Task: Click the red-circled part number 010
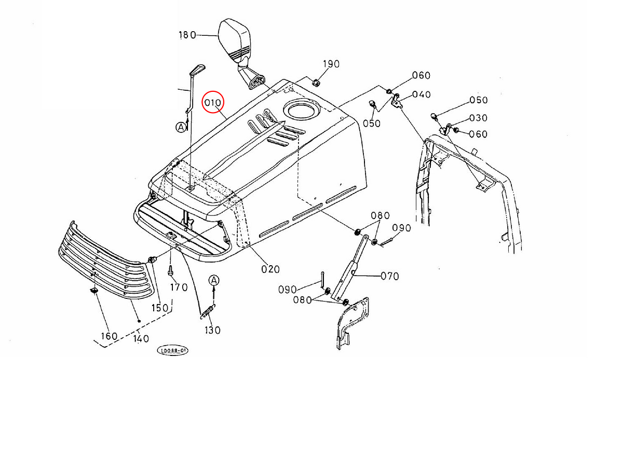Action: pyautogui.click(x=213, y=103)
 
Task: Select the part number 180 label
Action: pyautogui.click(x=187, y=35)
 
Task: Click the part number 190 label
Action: pyautogui.click(x=331, y=64)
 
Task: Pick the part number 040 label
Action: pyautogui.click(x=422, y=94)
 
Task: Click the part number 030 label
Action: pyautogui.click(x=478, y=118)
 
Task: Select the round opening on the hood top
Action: pyautogui.click(x=300, y=110)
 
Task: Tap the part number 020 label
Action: pyautogui.click(x=270, y=269)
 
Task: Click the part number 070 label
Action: pyautogui.click(x=390, y=276)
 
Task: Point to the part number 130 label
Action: pyautogui.click(x=213, y=330)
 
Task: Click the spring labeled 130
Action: pyautogui.click(x=207, y=312)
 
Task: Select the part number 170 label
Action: pyautogui.click(x=179, y=287)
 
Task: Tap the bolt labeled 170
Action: pyautogui.click(x=170, y=270)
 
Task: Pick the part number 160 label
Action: pyautogui.click(x=109, y=336)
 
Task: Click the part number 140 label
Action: pyautogui.click(x=141, y=339)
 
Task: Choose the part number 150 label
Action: pyautogui.click(x=160, y=308)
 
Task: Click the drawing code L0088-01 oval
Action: pyautogui.click(x=173, y=351)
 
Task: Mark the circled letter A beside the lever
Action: pyautogui.click(x=181, y=127)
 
